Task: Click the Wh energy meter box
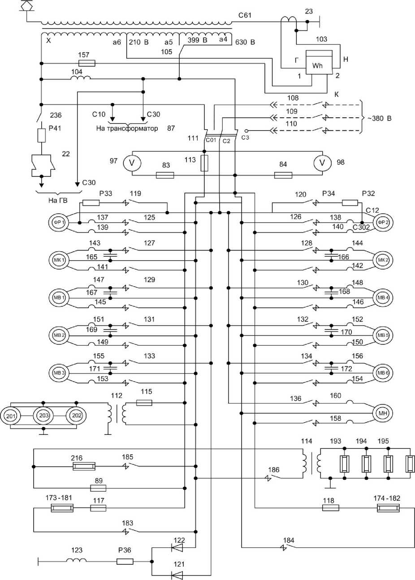pos(319,62)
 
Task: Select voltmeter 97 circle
pos(132,163)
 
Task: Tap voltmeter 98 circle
pos(322,163)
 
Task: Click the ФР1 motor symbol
pos(59,223)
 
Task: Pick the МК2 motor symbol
pos(383,260)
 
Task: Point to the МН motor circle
pos(383,413)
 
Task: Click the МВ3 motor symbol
pos(59,373)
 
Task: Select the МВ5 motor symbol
pos(383,335)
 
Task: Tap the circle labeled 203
pos(43,416)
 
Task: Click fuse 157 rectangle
pos(87,63)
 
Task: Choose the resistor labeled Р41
pos(41,135)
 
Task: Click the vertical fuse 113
pos(204,163)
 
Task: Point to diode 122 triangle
pos(177,548)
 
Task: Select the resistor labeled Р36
pos(125,561)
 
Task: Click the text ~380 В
pos(380,118)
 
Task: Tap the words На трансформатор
pos(127,128)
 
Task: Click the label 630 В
pos(245,42)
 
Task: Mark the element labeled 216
pos(84,466)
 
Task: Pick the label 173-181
pos(59,498)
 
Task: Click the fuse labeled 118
pos(331,508)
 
